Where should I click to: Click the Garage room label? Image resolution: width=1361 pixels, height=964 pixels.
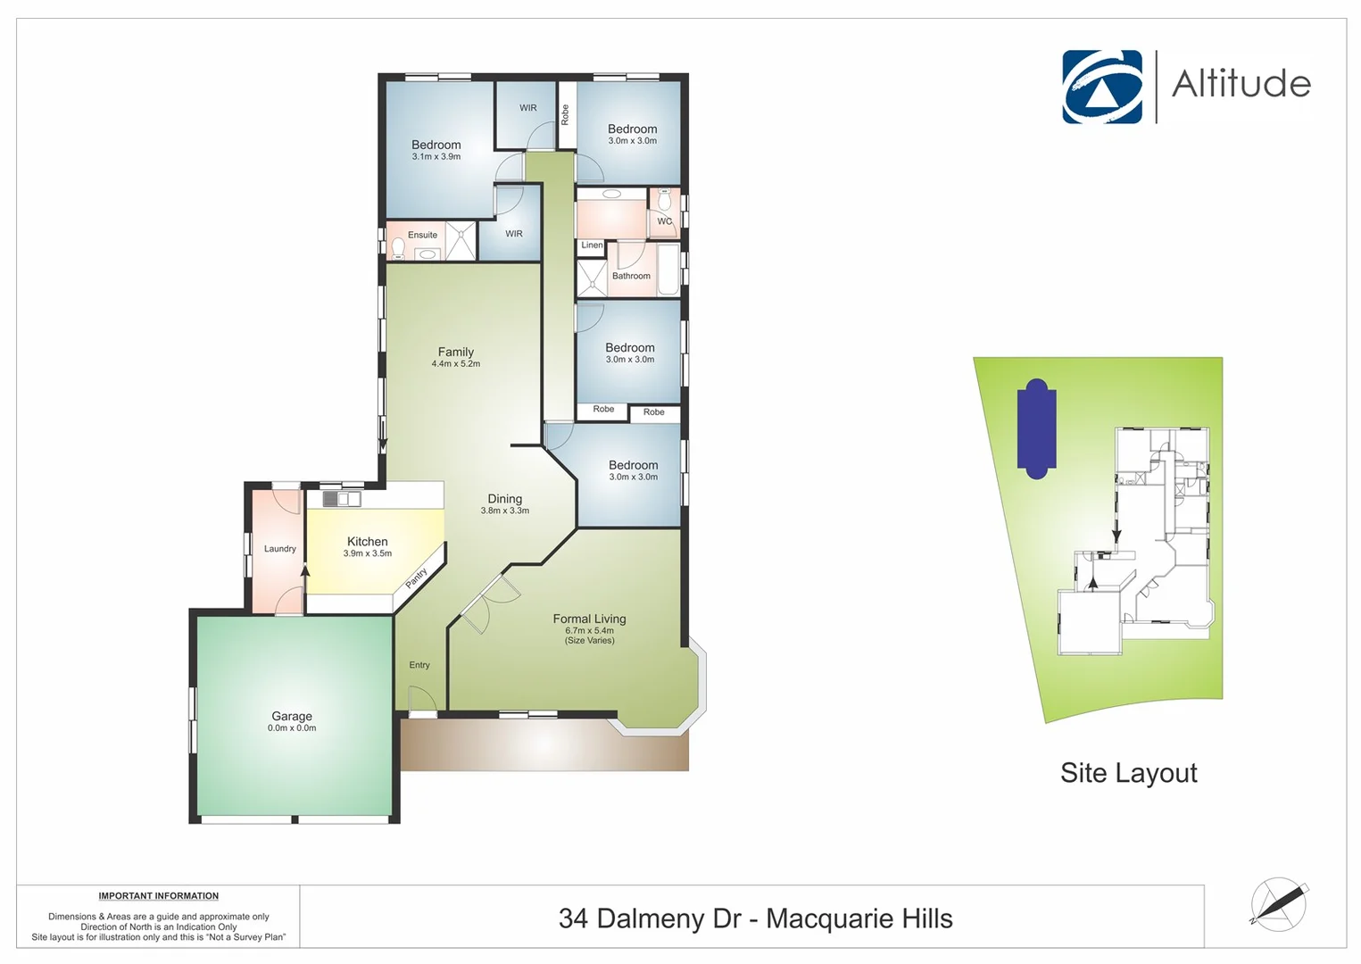292,716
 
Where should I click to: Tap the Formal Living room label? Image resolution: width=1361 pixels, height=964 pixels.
589,619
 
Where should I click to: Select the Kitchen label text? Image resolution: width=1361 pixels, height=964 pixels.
367,542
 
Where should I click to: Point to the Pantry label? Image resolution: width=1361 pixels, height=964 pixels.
417,578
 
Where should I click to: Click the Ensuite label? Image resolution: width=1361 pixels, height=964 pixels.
422,236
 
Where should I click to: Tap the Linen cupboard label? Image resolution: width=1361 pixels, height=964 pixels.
592,245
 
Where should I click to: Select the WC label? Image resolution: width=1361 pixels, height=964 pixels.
664,221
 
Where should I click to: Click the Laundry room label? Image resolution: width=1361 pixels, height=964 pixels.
279,549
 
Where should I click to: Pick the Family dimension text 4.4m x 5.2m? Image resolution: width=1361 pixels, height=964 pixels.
456,364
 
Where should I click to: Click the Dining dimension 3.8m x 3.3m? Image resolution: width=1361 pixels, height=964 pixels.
504,511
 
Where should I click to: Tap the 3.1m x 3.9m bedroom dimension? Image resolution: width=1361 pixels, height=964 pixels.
436,157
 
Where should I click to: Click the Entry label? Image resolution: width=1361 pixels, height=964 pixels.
419,665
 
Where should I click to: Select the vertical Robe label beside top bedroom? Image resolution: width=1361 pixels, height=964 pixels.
565,114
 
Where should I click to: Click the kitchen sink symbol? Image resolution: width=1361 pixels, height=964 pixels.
342,499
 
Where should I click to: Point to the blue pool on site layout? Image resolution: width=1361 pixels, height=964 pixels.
1036,428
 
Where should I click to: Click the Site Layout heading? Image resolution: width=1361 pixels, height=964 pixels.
1128,773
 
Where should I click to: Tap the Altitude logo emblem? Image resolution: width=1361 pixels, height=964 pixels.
1101,87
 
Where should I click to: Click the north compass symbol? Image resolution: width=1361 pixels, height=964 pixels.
1278,904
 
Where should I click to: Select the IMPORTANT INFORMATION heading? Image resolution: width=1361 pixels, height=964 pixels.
158,896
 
